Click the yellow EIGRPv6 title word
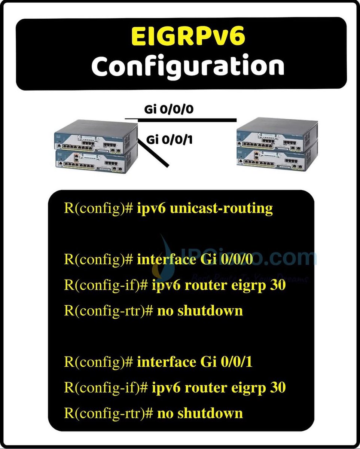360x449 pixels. (188, 37)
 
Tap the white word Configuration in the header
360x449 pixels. (188, 66)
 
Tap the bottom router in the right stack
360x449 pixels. (277, 159)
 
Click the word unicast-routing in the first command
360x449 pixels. (221, 208)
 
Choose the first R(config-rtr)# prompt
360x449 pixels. (109, 311)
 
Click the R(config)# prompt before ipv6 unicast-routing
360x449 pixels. (99, 208)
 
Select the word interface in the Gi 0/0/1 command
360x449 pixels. (167, 362)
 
